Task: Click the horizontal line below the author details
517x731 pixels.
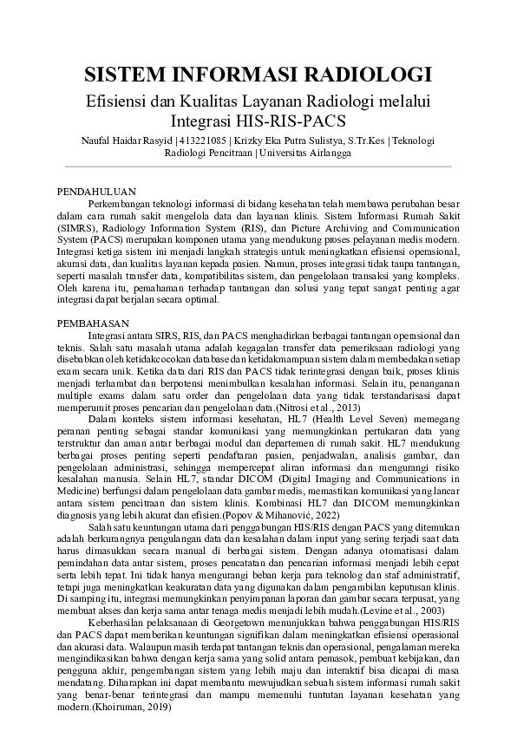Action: click(258, 166)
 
